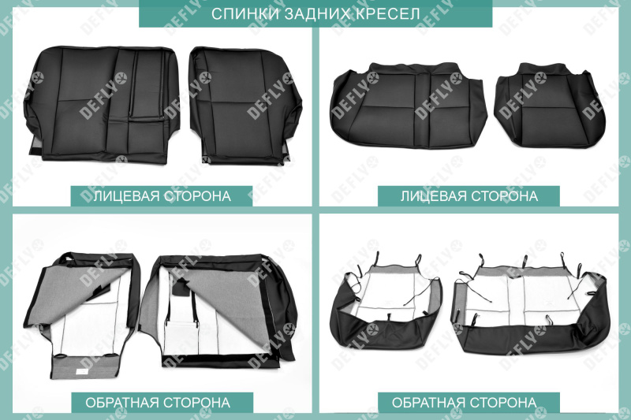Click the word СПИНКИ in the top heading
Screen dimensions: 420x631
[x=240, y=14]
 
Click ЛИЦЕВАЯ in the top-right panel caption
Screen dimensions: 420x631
[x=434, y=195]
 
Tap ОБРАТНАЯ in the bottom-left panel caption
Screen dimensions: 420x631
[x=122, y=403]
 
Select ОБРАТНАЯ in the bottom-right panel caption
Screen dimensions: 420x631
[x=430, y=403]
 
